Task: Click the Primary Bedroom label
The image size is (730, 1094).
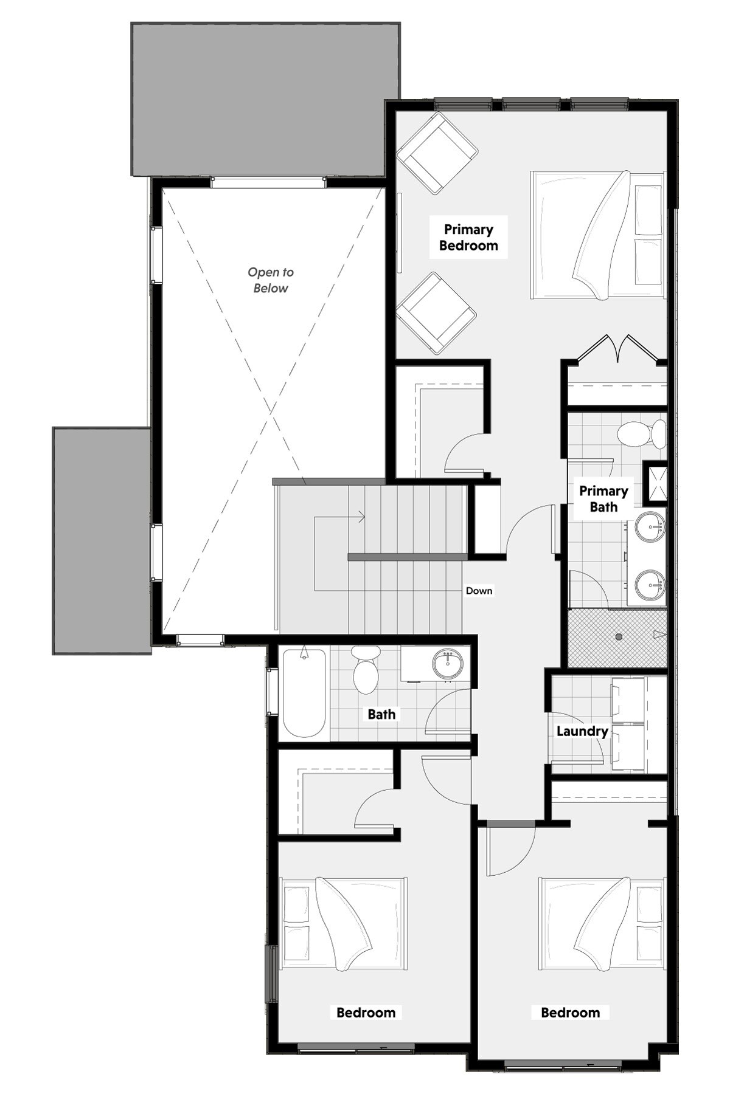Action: tap(468, 238)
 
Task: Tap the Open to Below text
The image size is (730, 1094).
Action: tap(271, 280)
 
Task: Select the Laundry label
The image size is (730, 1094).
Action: tap(582, 731)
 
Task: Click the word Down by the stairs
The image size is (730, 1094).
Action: tap(479, 591)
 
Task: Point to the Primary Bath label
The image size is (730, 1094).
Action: tap(603, 499)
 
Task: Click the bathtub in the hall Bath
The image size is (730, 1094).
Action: tap(304, 692)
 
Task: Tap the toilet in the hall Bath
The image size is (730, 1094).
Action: tap(366, 670)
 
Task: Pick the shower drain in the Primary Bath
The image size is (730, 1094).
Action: tap(619, 636)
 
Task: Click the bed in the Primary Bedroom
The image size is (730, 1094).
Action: tap(597, 235)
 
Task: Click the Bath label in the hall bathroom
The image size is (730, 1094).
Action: tap(381, 714)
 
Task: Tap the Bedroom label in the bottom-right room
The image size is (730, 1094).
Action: tap(570, 1013)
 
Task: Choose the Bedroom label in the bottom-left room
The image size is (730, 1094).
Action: tap(366, 1013)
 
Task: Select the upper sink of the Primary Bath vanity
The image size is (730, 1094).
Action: tap(650, 525)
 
